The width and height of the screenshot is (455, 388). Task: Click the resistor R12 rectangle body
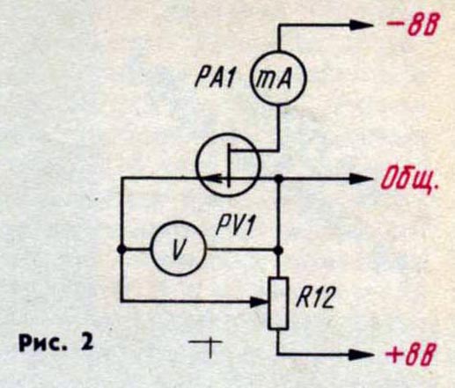(x=278, y=304)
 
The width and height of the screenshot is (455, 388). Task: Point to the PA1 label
(x=215, y=78)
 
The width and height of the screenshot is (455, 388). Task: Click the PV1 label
(x=234, y=225)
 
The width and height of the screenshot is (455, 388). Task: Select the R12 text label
(x=315, y=298)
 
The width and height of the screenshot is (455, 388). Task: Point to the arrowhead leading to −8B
(x=361, y=26)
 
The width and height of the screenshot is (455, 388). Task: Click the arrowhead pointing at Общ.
(x=361, y=179)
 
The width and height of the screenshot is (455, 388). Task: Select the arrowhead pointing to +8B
(x=361, y=355)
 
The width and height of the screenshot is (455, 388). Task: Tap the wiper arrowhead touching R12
(x=260, y=301)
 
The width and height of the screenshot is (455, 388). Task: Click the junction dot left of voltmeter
(x=121, y=249)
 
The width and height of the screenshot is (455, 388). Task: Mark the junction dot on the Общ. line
(x=278, y=178)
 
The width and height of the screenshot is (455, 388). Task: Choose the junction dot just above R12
(x=278, y=250)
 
